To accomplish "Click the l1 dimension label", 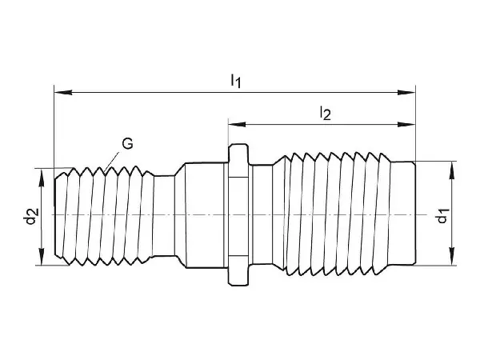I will pos(235,80).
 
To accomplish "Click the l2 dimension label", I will pos(324,114).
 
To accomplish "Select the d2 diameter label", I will pos(30,215).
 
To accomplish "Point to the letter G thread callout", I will pos(127,144).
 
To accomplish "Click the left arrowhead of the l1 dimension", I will pos(60,93).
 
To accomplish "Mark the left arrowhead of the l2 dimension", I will pos(234,123).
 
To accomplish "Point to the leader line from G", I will pos(114,157).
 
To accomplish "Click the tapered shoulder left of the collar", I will pos(182,214).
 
